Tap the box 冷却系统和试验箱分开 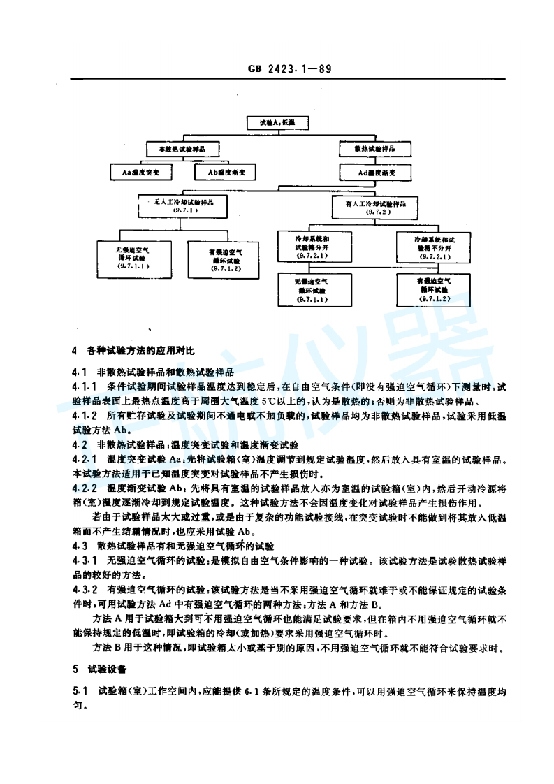[x=312, y=247]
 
